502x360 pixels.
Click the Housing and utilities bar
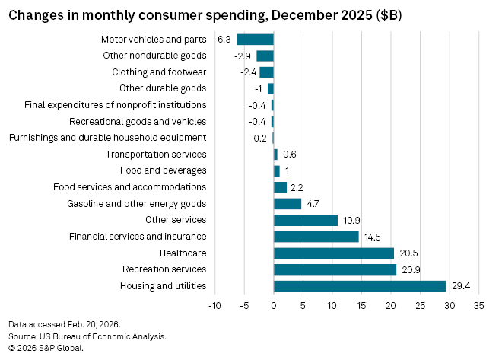pyautogui.click(x=360, y=286)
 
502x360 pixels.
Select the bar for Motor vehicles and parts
pyautogui.click(x=255, y=40)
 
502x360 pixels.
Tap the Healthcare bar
pyautogui.click(x=334, y=253)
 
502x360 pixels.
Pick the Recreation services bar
pyautogui.click(x=335, y=269)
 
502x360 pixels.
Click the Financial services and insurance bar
pyautogui.click(x=316, y=237)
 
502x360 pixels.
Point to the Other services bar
pyautogui.click(x=305, y=220)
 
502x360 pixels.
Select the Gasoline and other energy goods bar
pyautogui.click(x=288, y=203)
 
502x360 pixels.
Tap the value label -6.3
pyautogui.click(x=223, y=40)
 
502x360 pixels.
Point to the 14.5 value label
pyautogui.click(x=372, y=237)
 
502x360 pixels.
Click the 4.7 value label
pyautogui.click(x=313, y=203)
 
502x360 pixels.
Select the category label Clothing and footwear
pyautogui.click(x=159, y=72)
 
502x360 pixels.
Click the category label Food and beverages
pyautogui.click(x=164, y=170)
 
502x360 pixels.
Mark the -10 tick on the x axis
pyautogui.click(x=214, y=306)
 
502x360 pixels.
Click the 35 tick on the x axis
pyautogui.click(x=478, y=306)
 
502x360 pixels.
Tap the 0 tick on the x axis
pyautogui.click(x=274, y=306)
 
